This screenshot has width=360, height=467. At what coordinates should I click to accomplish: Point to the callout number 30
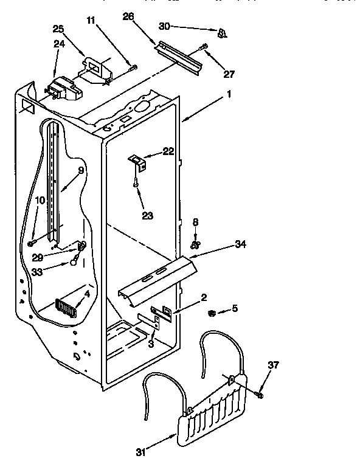click(x=181, y=26)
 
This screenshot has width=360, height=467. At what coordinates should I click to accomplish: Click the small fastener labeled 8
click(x=196, y=244)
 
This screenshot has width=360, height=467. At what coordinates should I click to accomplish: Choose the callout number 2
click(x=204, y=297)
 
